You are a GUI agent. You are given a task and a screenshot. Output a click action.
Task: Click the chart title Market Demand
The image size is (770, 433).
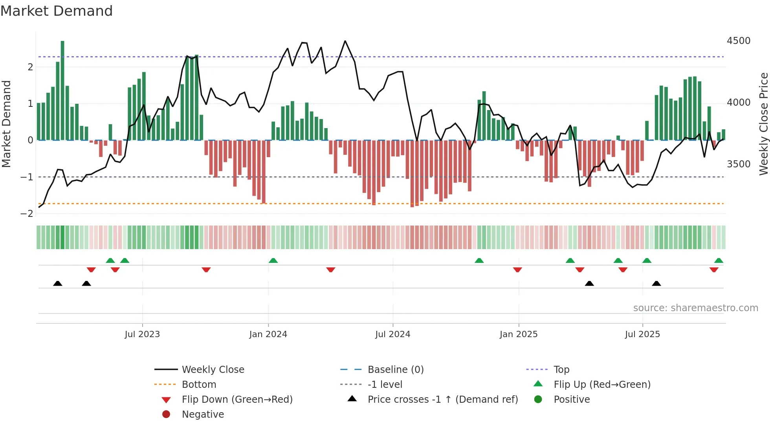(x=57, y=11)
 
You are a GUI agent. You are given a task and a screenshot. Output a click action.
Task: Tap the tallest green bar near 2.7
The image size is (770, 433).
(x=62, y=90)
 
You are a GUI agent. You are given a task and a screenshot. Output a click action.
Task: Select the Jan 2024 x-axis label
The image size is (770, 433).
(x=268, y=334)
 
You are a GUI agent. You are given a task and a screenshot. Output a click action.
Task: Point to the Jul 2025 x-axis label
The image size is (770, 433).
(x=642, y=334)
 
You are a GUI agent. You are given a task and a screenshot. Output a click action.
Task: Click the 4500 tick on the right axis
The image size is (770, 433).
(x=738, y=41)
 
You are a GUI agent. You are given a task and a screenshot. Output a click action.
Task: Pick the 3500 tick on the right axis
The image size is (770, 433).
(x=738, y=164)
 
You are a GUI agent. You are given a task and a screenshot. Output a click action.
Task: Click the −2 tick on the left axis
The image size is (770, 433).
(x=27, y=214)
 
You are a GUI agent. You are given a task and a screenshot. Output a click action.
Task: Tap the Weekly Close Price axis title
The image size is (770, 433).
(x=763, y=124)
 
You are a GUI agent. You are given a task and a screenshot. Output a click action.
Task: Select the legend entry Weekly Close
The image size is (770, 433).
(x=213, y=370)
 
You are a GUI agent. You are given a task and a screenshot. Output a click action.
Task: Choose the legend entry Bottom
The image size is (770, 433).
(x=199, y=385)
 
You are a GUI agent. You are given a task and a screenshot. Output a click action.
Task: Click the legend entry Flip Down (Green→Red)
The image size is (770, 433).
(x=237, y=400)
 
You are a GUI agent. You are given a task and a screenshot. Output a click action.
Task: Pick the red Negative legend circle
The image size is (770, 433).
(x=166, y=415)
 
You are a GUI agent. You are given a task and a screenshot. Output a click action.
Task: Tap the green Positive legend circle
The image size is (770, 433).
(x=538, y=400)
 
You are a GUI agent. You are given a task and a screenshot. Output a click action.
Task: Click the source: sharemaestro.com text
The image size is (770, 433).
(x=695, y=308)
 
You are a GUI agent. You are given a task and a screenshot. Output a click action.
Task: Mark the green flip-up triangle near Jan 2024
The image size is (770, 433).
(x=273, y=261)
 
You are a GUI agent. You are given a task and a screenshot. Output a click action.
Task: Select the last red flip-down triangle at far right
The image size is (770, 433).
(x=714, y=270)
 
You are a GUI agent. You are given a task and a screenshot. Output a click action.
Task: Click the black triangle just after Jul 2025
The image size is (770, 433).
(x=656, y=283)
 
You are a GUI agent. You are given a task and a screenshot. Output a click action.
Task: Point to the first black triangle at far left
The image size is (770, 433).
(x=58, y=283)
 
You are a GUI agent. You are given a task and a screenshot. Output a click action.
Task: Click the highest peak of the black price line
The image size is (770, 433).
(x=345, y=41)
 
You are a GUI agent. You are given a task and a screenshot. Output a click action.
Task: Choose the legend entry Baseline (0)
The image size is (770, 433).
(x=395, y=370)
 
